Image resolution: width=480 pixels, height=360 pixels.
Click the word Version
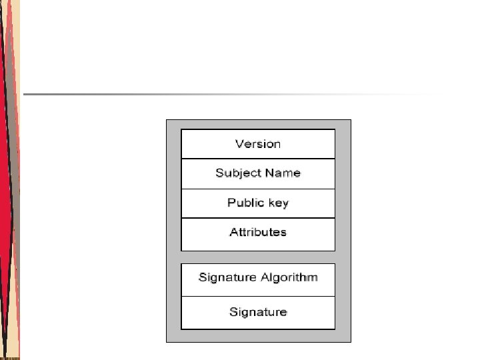point(258,144)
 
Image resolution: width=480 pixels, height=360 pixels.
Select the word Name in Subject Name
point(282,173)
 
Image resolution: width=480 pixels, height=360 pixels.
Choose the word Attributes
point(258,232)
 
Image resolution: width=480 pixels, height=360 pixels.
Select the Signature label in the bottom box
point(258,312)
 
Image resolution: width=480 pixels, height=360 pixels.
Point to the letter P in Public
point(231,203)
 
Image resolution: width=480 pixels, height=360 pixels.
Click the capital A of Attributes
point(233,232)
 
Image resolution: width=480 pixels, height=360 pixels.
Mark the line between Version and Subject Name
point(258,159)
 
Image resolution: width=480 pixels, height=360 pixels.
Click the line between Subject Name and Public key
point(258,189)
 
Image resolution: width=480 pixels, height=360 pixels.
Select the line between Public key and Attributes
point(258,218)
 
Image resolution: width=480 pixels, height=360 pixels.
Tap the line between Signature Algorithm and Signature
point(258,296)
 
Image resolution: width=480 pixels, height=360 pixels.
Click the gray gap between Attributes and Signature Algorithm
point(258,257)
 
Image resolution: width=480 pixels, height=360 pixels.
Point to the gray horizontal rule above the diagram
point(227,94)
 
